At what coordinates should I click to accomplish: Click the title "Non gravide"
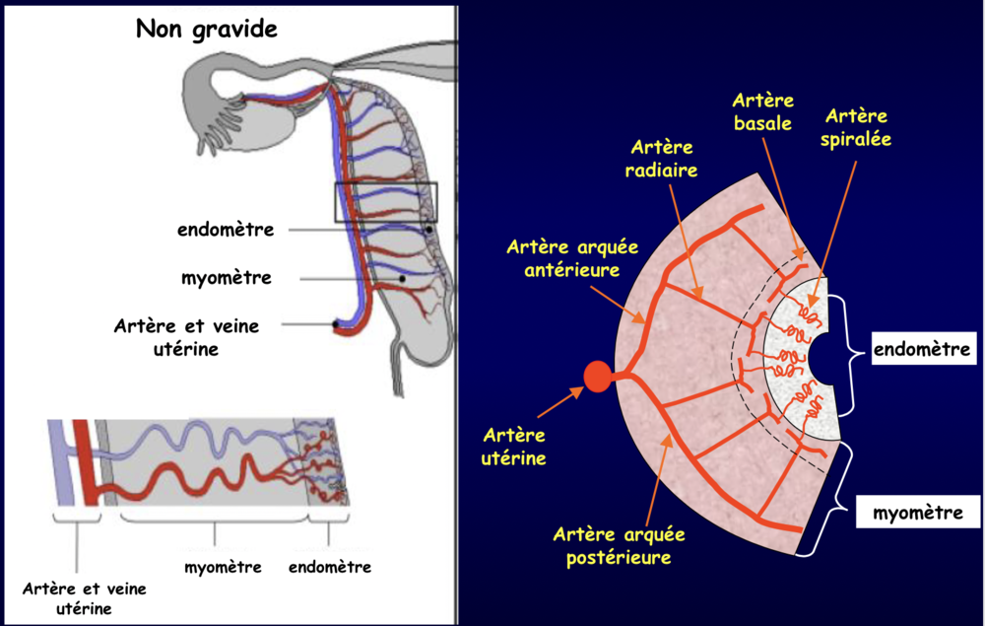(x=206, y=29)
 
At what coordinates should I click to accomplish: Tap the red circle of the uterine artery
(x=597, y=378)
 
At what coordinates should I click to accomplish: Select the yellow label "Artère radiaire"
(x=660, y=159)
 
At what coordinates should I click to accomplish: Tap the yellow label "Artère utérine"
(x=514, y=446)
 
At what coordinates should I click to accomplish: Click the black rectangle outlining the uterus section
(x=385, y=202)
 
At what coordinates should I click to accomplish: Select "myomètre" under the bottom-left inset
(x=223, y=567)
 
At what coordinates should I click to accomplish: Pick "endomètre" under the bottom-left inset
(x=330, y=567)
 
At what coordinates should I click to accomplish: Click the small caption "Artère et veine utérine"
(x=84, y=598)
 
